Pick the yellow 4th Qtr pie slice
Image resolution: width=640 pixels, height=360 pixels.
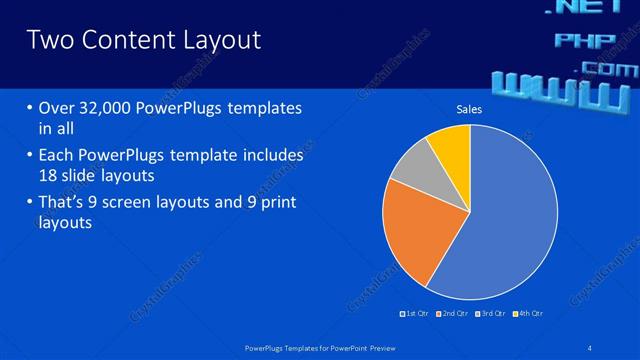451,146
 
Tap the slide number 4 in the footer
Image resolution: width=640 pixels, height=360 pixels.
590,347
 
